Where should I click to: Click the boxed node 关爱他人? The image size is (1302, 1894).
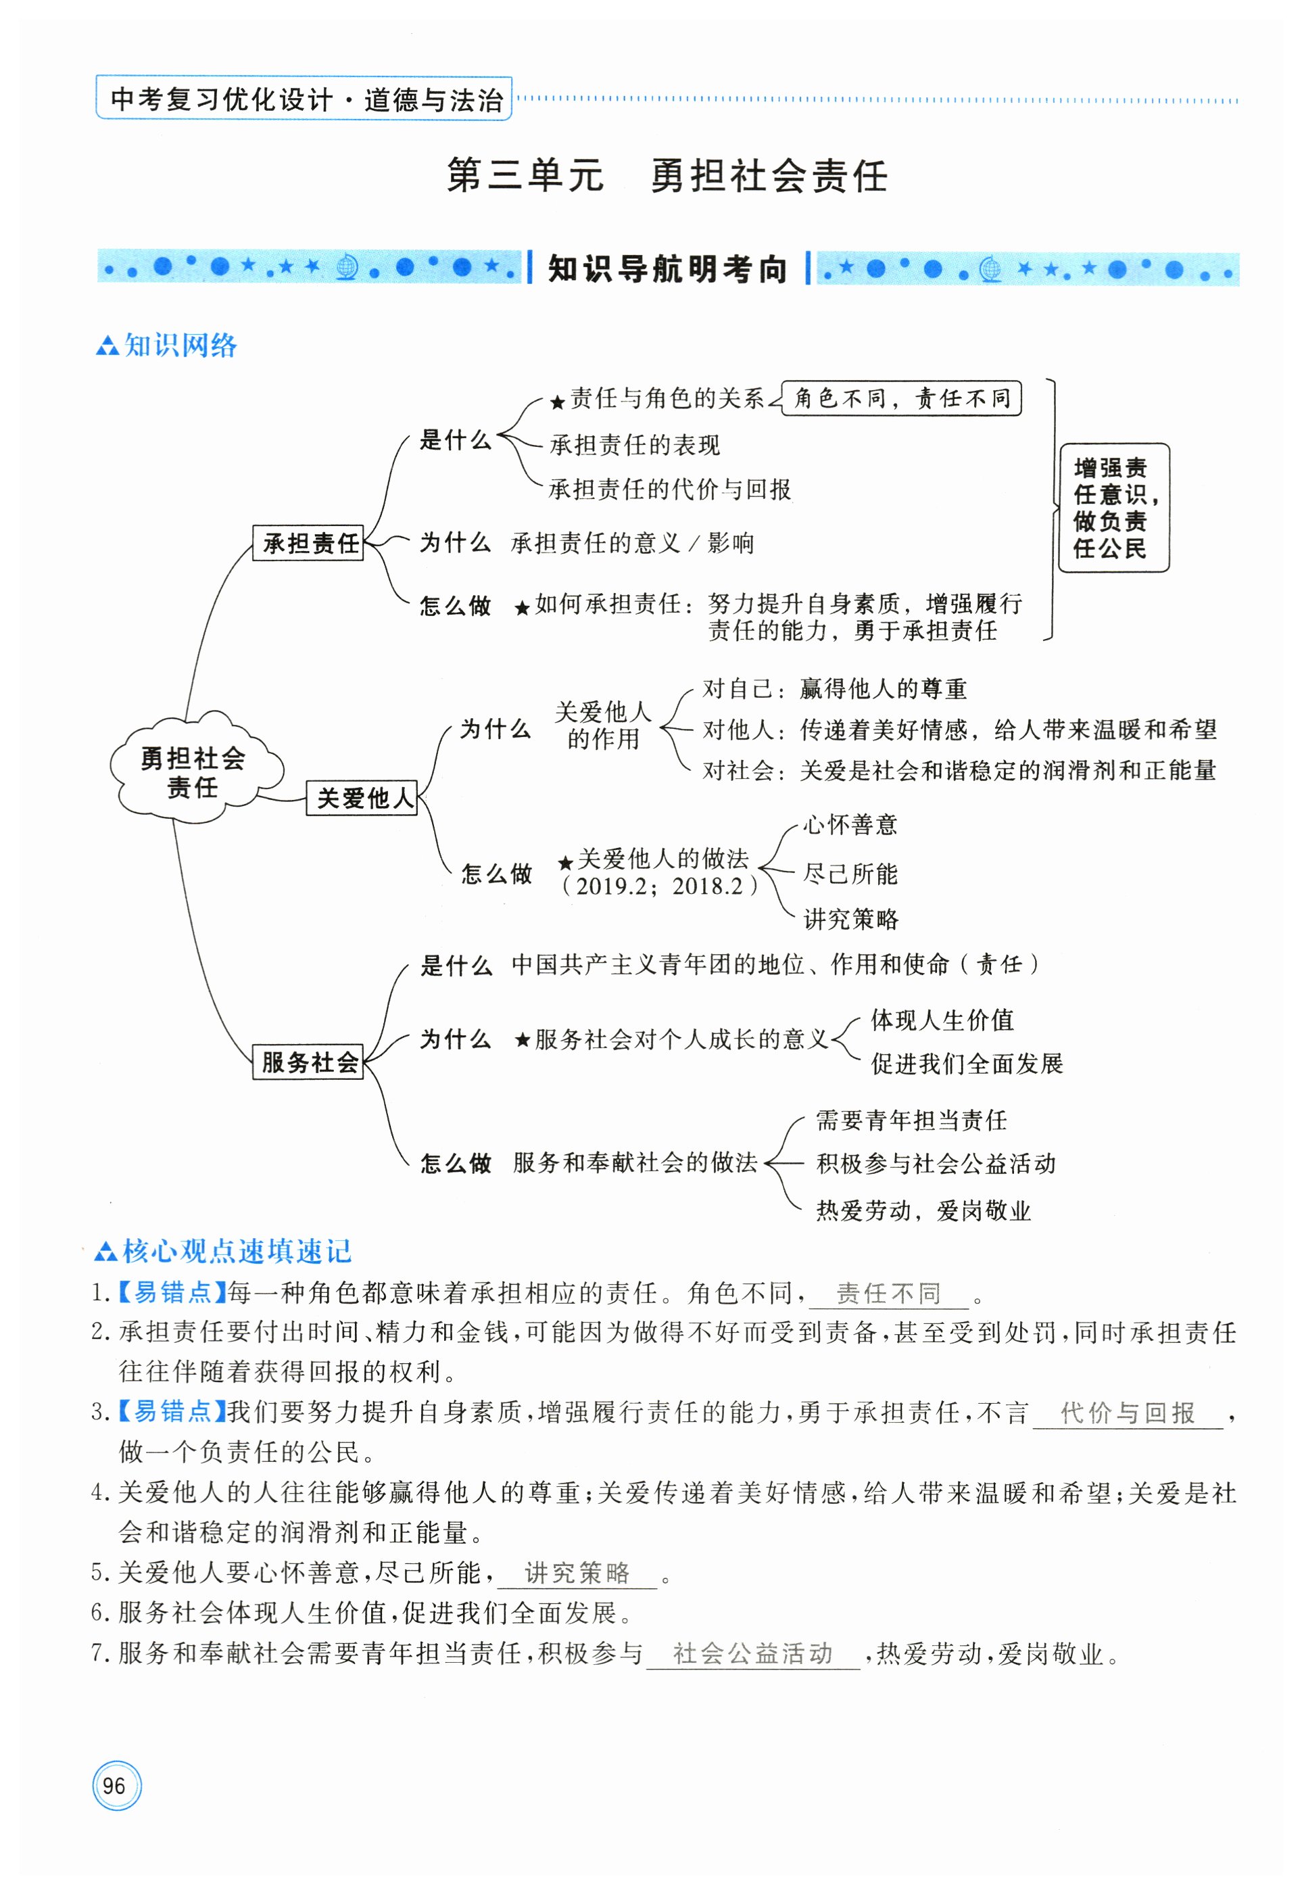(x=362, y=797)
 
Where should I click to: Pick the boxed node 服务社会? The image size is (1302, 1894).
(x=308, y=1062)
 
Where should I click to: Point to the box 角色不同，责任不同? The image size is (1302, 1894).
(x=901, y=398)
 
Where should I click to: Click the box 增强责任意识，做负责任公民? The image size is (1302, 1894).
(x=1113, y=508)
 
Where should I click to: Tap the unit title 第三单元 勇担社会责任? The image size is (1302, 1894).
(x=667, y=175)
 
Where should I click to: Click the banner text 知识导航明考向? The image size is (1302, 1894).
(x=667, y=268)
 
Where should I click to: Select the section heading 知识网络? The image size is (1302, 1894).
(x=179, y=346)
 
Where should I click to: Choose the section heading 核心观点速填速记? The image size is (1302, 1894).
(x=236, y=1251)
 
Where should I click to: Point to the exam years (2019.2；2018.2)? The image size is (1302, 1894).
(x=659, y=886)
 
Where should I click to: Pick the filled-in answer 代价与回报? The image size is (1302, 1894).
(x=1128, y=1413)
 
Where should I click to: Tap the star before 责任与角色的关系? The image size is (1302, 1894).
(x=557, y=402)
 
